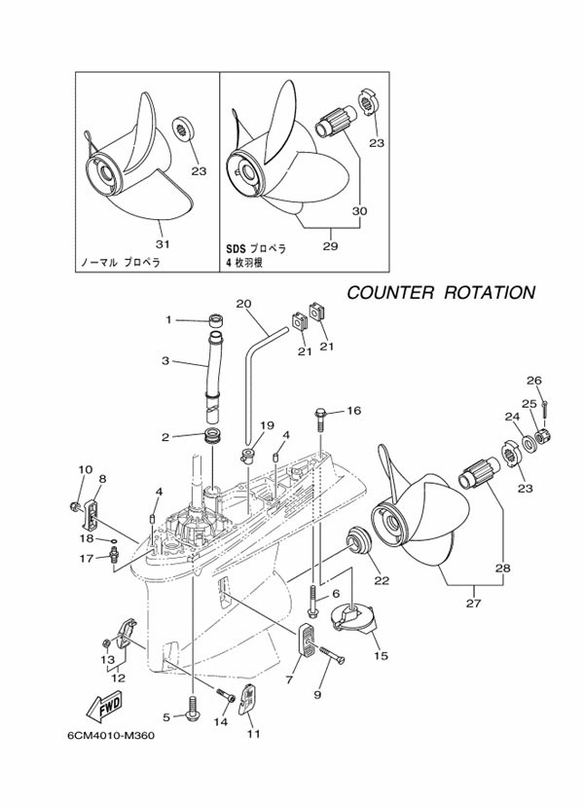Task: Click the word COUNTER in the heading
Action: click(x=391, y=292)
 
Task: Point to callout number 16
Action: click(x=352, y=411)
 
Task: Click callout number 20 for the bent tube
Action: click(x=243, y=303)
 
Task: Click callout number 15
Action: click(x=381, y=655)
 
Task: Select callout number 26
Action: click(x=533, y=380)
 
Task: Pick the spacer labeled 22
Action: click(x=359, y=539)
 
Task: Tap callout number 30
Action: click(x=360, y=210)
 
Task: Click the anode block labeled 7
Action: click(x=306, y=644)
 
